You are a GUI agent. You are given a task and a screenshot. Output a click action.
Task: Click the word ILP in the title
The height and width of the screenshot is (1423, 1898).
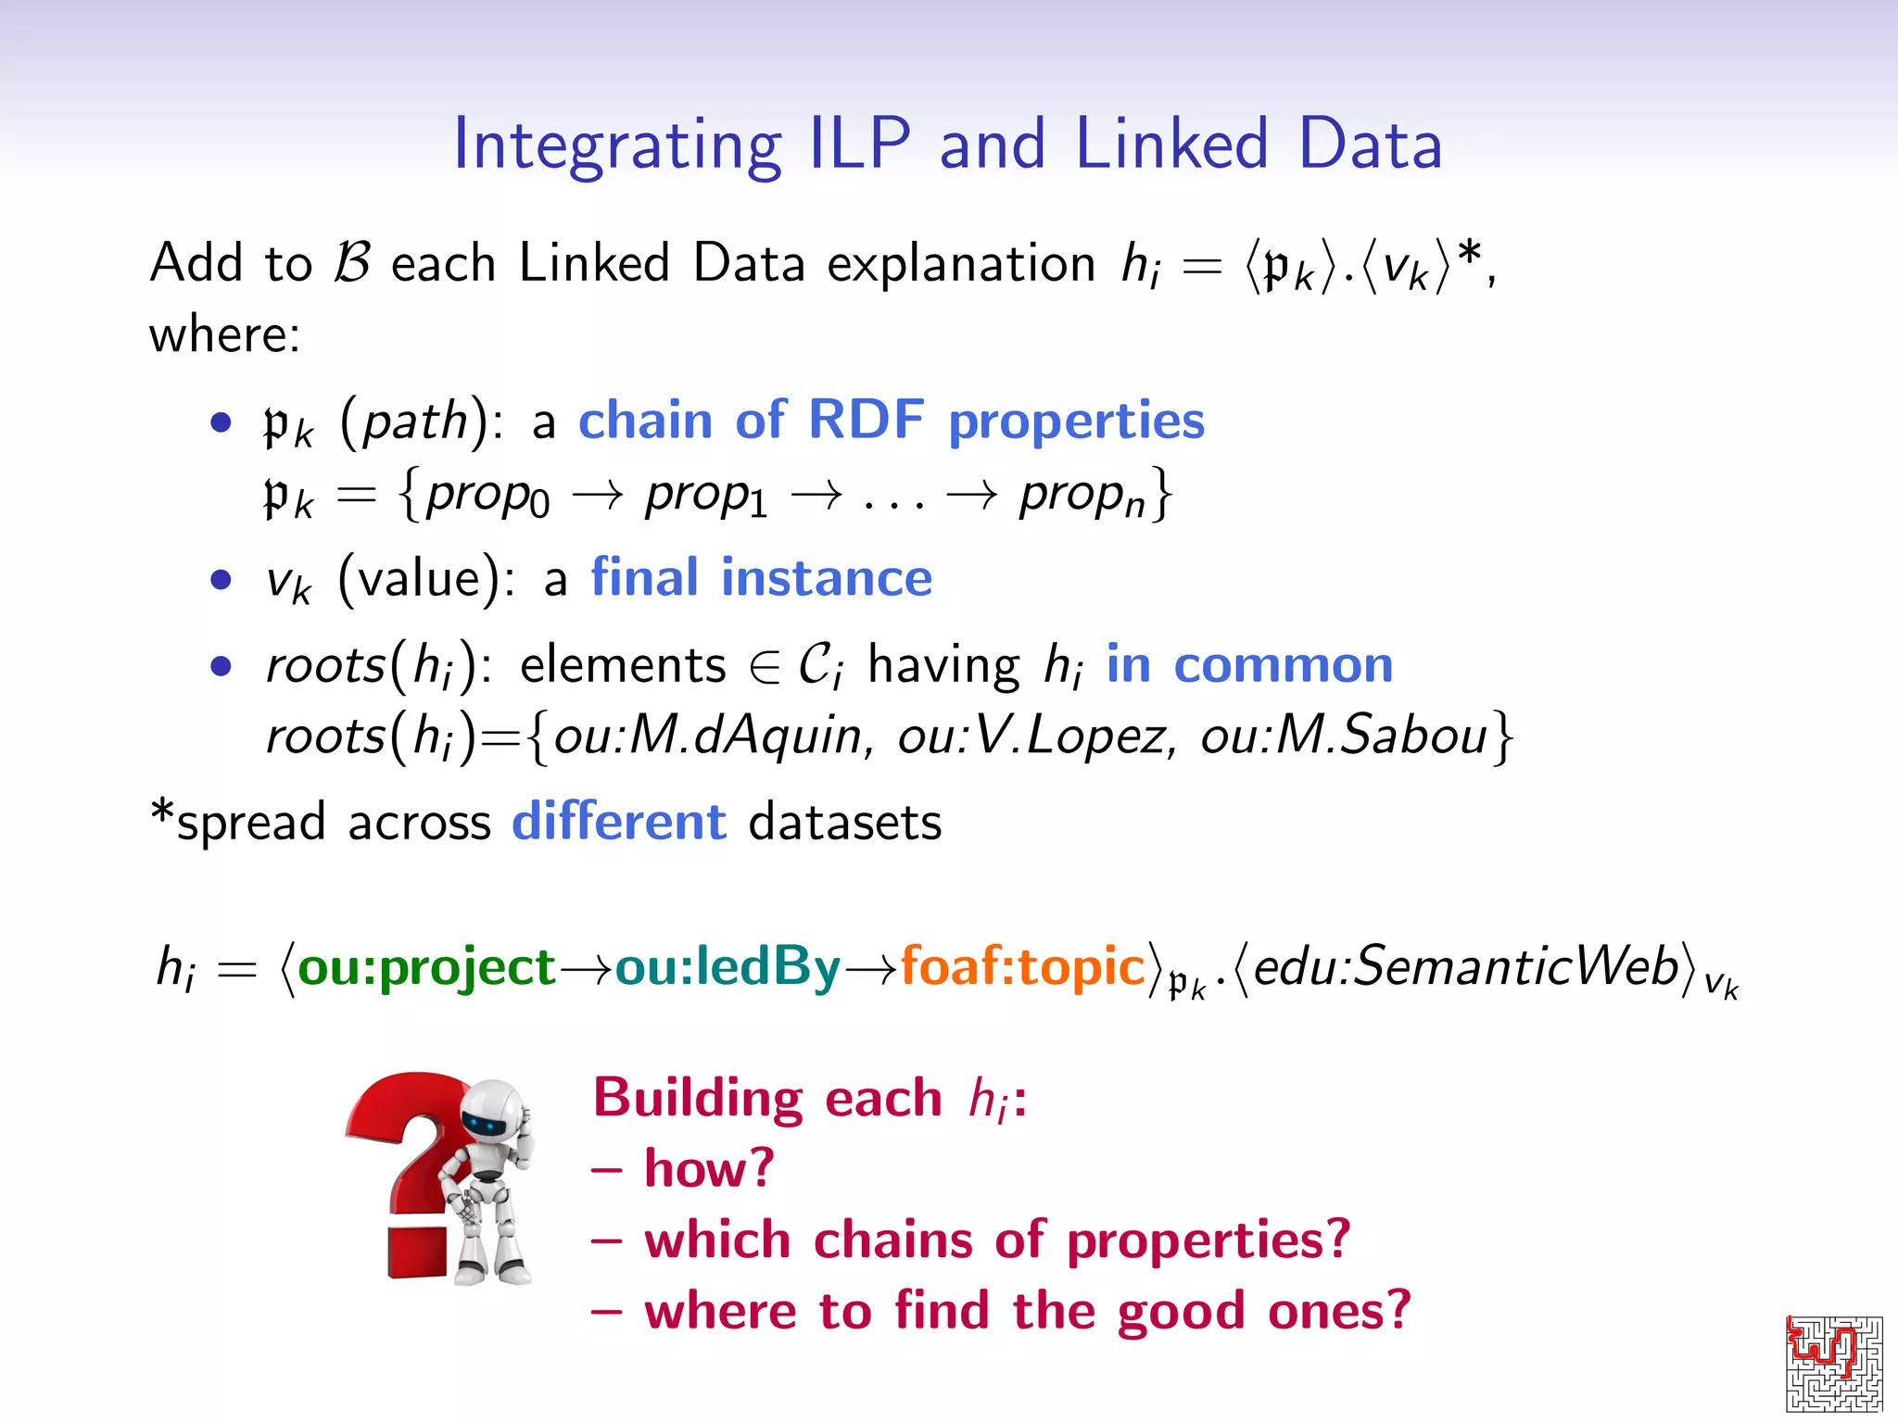pyautogui.click(x=860, y=145)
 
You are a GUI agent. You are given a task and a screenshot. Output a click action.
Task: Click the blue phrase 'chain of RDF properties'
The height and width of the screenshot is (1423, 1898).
pyautogui.click(x=891, y=421)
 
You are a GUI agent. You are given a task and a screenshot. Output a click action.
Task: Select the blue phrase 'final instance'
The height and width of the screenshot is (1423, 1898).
pyautogui.click(x=761, y=578)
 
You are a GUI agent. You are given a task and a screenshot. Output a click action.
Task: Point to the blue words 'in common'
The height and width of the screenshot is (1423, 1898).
pyautogui.click(x=1249, y=665)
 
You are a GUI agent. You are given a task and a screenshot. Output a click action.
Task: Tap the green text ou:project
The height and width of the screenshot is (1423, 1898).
pyautogui.click(x=426, y=967)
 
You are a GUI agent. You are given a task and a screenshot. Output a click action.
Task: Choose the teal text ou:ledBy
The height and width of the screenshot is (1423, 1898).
pyautogui.click(x=728, y=967)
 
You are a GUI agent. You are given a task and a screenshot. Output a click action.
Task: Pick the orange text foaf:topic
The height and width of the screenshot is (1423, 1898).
pyautogui.click(x=1023, y=967)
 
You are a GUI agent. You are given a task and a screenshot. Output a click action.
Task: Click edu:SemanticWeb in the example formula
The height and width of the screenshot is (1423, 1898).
pyautogui.click(x=1466, y=967)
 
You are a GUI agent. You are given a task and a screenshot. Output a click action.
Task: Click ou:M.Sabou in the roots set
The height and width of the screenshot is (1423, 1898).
pyautogui.click(x=1344, y=737)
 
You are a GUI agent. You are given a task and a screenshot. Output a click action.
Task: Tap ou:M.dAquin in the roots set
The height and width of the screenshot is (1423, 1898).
pyautogui.click(x=708, y=737)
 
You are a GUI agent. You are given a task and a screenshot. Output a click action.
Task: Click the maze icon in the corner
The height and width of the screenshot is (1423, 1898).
pyautogui.click(x=1834, y=1363)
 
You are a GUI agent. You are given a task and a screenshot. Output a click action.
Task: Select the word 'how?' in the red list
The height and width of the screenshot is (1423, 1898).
pyautogui.click(x=709, y=1169)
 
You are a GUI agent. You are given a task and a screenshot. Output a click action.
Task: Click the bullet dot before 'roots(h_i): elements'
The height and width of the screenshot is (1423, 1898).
pyautogui.click(x=221, y=666)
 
